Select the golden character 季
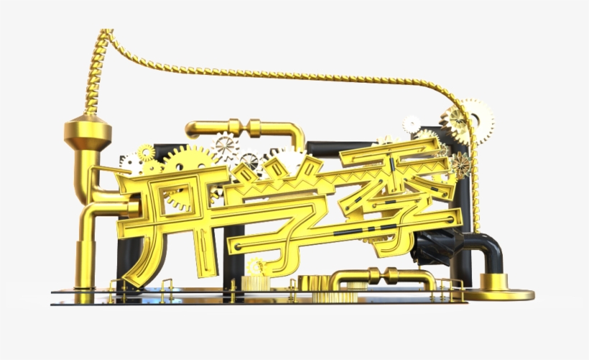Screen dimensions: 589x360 pos(398,192)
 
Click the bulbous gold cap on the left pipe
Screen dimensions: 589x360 pos(88,132)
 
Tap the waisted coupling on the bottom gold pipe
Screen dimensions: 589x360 pos(383,275)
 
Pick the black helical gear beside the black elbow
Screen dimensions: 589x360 pos(436,247)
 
